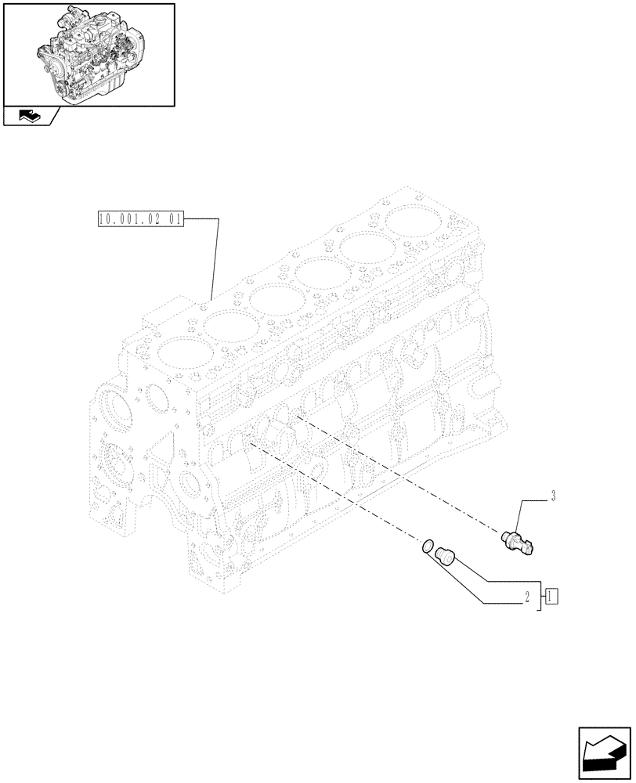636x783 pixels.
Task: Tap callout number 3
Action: pyautogui.click(x=553, y=496)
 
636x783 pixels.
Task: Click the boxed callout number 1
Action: pyautogui.click(x=551, y=595)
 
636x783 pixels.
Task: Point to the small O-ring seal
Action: pyautogui.click(x=428, y=547)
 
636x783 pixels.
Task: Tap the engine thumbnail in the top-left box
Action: pyautogui.click(x=88, y=53)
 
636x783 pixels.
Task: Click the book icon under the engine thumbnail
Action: pyautogui.click(x=27, y=117)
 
